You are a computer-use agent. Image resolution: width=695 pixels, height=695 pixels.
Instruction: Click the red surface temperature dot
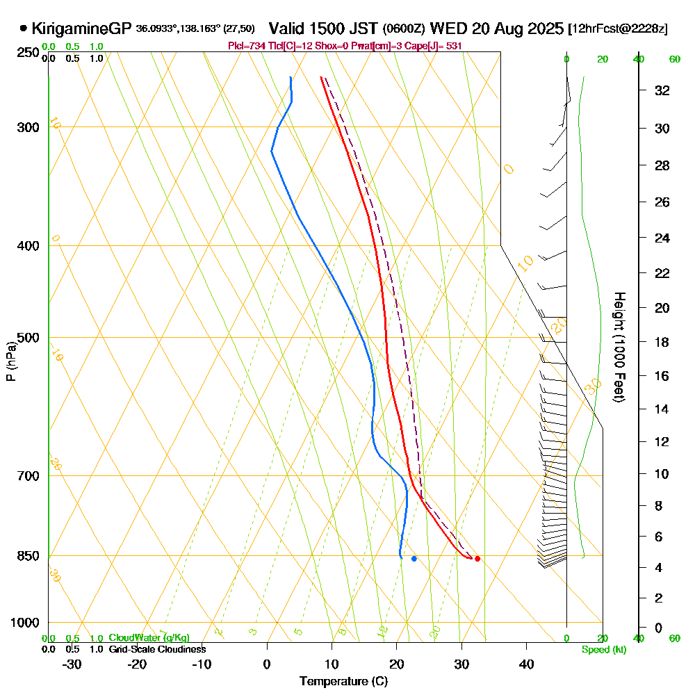click(477, 559)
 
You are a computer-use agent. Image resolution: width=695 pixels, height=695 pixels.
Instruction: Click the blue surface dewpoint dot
click(414, 559)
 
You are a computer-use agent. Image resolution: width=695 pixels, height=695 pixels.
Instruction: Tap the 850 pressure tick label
click(27, 556)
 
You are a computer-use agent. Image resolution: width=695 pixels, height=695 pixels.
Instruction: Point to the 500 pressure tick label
click(27, 338)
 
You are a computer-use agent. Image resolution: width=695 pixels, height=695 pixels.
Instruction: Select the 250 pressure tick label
click(27, 53)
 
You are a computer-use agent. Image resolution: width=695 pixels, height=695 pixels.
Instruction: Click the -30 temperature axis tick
click(72, 664)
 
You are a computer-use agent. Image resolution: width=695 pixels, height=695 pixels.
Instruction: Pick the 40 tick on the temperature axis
click(526, 664)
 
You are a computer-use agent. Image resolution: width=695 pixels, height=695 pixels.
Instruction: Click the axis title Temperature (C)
click(343, 682)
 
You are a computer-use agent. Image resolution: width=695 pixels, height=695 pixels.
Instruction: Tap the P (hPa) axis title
click(10, 361)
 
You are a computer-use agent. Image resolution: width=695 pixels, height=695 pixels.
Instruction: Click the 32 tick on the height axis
click(662, 90)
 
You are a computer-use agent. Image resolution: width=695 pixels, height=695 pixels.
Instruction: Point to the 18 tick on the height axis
click(662, 342)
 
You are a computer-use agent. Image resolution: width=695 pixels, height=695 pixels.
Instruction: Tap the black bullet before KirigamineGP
click(24, 29)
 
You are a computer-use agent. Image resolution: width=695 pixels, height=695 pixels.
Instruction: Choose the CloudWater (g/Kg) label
click(149, 638)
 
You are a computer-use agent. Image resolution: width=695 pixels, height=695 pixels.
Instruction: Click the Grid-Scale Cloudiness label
click(157, 649)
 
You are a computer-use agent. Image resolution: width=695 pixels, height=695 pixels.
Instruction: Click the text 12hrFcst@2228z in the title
click(618, 29)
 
